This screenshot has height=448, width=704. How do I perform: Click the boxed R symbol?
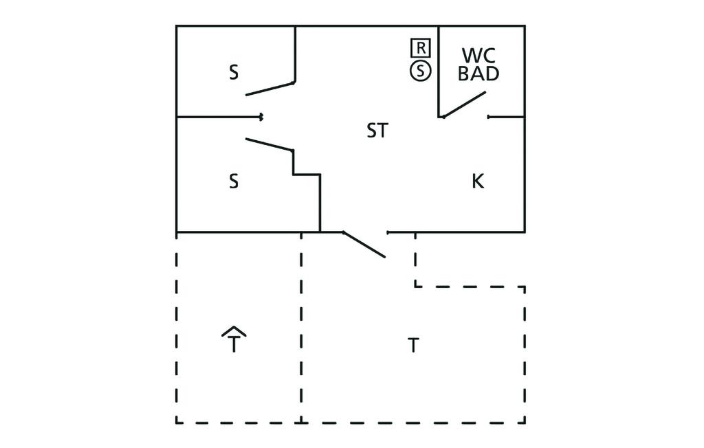coord(420,47)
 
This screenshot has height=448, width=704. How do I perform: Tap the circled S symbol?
coord(420,71)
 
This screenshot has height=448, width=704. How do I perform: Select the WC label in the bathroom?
coord(478,56)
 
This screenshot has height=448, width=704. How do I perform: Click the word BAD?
coord(478,74)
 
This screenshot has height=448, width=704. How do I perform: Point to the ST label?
coord(377,131)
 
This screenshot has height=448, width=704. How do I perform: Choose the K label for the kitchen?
coord(478,181)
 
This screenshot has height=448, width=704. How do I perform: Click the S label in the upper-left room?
coord(234,72)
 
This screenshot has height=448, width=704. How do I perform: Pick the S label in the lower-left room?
coord(234,181)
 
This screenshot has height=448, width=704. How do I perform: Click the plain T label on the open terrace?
coord(413,346)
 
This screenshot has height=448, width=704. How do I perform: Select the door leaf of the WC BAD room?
coord(464,104)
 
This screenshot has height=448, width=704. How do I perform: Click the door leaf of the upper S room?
coord(269,89)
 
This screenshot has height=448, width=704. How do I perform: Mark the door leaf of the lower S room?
coord(269,144)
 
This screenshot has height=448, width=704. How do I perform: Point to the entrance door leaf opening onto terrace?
coord(364,245)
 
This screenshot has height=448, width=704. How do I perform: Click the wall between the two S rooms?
coord(219,117)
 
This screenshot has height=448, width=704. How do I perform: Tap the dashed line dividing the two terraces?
coord(301,327)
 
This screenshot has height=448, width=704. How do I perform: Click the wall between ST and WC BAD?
coord(439,71)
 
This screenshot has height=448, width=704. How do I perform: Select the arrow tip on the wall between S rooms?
coord(261,117)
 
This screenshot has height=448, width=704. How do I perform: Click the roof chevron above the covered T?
coord(234,331)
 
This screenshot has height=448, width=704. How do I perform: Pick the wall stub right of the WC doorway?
coord(506,117)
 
